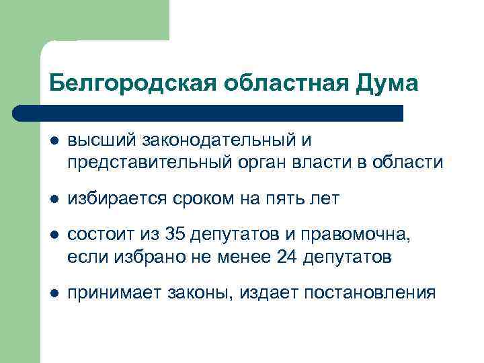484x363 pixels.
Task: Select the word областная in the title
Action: (281, 83)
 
